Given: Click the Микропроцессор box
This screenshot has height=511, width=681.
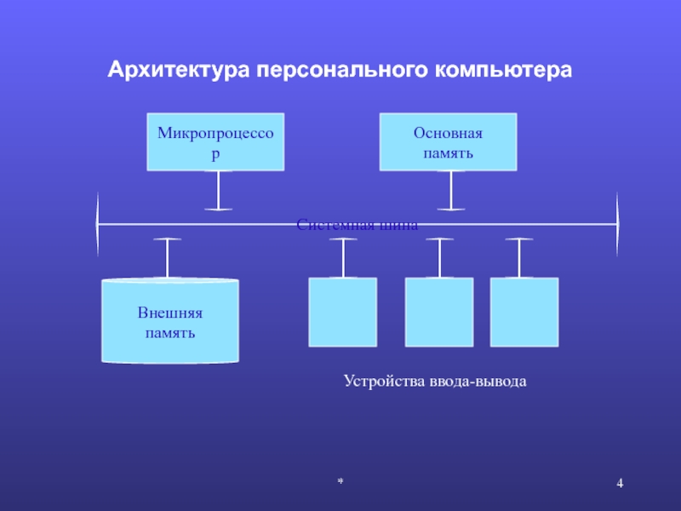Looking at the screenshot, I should pos(216,141).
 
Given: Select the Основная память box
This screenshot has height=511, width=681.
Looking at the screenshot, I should pos(448,141).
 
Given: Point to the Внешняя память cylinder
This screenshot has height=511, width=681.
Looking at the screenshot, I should pos(170,321).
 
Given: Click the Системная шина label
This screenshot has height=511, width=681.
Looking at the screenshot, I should pos(358,226).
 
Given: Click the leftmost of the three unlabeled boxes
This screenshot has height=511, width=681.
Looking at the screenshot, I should pos(342,312).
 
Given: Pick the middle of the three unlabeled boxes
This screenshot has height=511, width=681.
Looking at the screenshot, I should pos(438,312).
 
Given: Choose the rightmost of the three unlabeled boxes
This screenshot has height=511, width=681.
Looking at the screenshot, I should pos(524,312).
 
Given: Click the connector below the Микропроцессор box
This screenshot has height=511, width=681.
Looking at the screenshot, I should pos(219,190).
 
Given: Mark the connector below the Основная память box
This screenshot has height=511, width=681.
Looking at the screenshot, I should pos(450,190).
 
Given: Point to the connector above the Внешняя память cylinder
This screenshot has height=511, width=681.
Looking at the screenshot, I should pos(168,258).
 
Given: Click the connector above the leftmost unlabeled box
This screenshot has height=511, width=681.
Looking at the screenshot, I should pos(343,258).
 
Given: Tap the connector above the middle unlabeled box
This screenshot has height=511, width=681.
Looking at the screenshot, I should pos(439,258).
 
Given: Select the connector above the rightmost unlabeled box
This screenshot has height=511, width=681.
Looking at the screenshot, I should pos(518,258).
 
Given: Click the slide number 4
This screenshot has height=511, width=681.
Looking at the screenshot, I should pos(620,485).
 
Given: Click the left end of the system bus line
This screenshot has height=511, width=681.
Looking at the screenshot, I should pos(99,224).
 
